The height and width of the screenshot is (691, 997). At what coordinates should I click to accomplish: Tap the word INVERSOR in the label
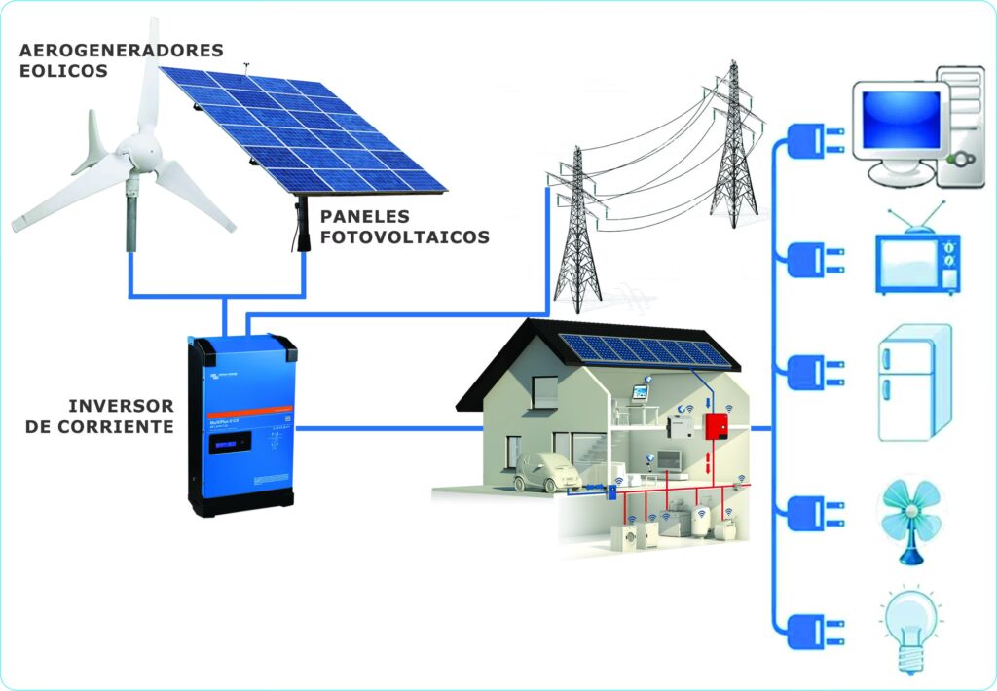tap(122, 405)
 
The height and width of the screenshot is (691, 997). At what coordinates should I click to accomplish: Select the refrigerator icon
tap(913, 382)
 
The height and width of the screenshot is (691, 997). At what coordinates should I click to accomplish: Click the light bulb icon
tap(911, 628)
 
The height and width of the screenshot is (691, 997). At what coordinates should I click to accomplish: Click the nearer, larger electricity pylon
tap(578, 234)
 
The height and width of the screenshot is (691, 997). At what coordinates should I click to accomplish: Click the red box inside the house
tap(717, 425)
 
